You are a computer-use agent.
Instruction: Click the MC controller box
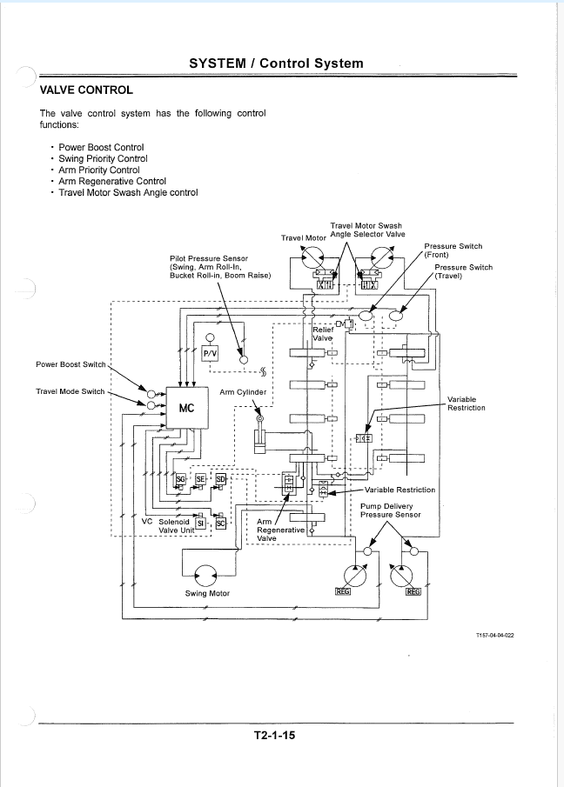[187, 408]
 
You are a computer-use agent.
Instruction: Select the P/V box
[210, 353]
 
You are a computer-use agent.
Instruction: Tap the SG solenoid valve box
[180, 479]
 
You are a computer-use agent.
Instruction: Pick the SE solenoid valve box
[200, 479]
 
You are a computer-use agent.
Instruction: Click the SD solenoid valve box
[221, 479]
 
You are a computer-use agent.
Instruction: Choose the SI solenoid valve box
[200, 523]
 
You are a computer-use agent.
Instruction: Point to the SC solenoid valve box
[220, 523]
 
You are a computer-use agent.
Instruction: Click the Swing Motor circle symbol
[205, 575]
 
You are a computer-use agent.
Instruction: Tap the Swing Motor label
[207, 593]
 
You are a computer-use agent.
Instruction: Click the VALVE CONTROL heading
[86, 90]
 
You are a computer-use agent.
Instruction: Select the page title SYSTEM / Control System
[276, 63]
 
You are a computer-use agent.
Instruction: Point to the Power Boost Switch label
[70, 364]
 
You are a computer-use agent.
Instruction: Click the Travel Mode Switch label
[70, 391]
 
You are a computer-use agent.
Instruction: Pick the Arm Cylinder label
[243, 392]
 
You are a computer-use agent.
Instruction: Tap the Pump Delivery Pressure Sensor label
[391, 510]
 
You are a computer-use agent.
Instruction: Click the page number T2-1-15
[274, 736]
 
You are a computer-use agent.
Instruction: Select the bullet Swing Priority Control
[103, 158]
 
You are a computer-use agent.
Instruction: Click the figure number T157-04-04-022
[494, 636]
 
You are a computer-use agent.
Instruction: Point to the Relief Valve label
[323, 334]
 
